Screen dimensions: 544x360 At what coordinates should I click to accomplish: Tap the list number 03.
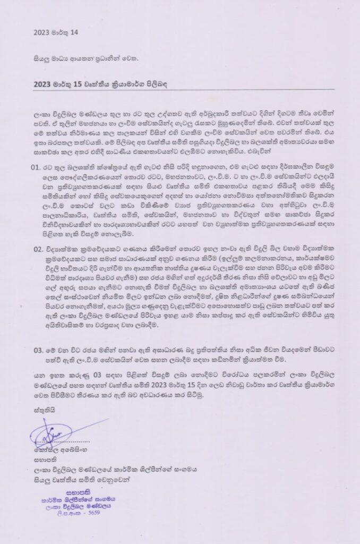(36, 351)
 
